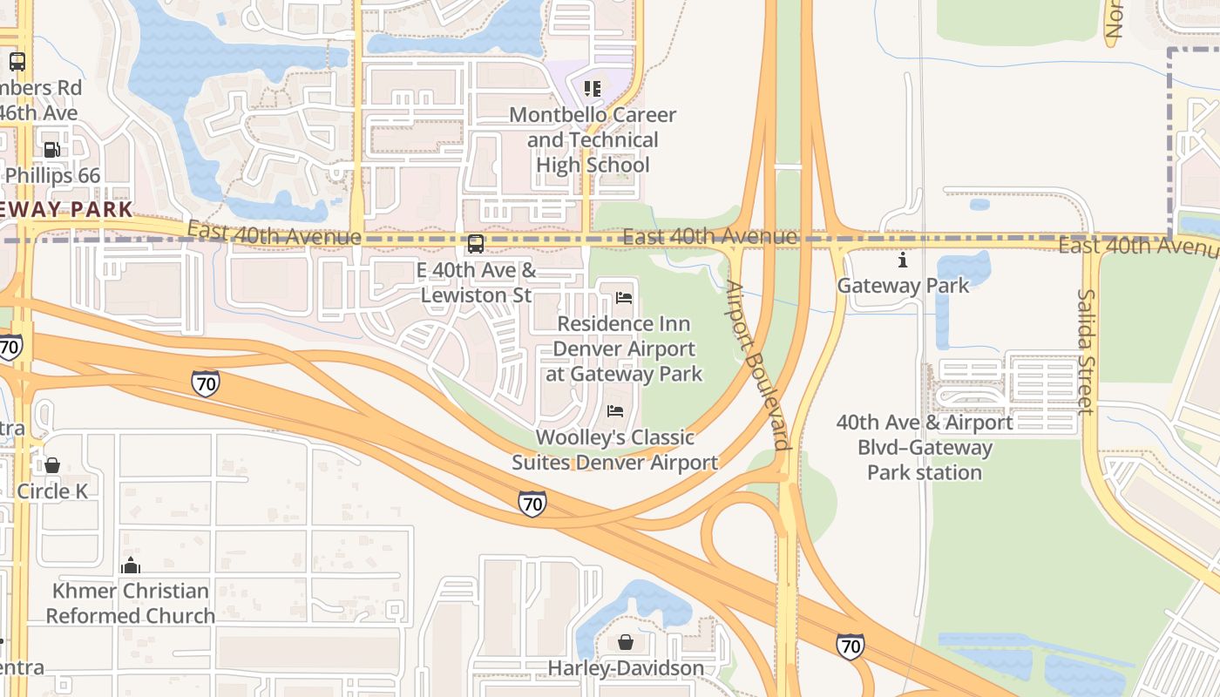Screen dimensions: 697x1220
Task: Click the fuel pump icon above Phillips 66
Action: pos(52,150)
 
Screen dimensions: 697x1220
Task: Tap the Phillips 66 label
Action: pos(53,175)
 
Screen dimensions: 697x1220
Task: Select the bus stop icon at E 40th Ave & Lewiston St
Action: pos(476,244)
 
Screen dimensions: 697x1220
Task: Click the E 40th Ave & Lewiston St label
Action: pos(476,283)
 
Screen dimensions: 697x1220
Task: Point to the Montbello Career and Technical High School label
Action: pos(593,139)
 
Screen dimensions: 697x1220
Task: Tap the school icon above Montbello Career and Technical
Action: pos(593,88)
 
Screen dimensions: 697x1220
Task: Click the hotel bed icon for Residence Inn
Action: pos(624,298)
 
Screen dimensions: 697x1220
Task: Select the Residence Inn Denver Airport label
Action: pos(624,348)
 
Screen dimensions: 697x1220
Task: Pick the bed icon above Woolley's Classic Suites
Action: pos(615,411)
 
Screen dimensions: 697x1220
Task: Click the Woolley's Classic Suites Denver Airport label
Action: pos(615,450)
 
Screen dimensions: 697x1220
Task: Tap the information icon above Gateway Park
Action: pos(903,260)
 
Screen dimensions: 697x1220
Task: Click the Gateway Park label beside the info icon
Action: pos(903,285)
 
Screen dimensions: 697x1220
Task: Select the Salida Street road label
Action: pos(1086,352)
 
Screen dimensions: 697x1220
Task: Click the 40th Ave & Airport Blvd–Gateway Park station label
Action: pos(925,448)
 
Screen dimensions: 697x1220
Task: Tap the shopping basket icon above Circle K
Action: pos(52,465)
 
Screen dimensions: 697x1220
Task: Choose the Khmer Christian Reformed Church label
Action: pos(131,603)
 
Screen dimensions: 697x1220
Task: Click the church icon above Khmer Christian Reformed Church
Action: pos(131,565)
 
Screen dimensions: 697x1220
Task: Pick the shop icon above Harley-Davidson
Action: pos(626,643)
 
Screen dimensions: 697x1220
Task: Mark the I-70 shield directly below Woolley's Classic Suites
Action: pos(532,503)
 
